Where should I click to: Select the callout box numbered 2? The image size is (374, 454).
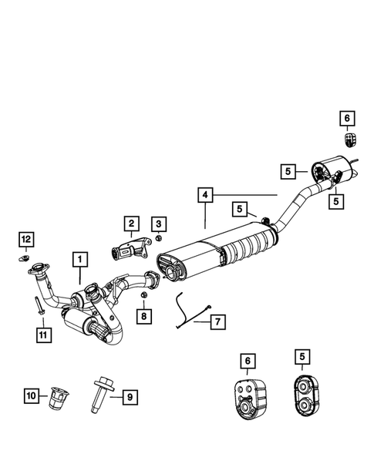tap(130, 224)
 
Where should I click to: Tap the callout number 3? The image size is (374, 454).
tap(158, 224)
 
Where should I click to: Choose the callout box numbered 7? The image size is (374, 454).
tap(217, 320)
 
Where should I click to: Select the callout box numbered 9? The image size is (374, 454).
tap(130, 397)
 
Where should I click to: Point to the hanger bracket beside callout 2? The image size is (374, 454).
tap(129, 249)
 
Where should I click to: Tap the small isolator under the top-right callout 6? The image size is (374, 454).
tap(348, 140)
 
